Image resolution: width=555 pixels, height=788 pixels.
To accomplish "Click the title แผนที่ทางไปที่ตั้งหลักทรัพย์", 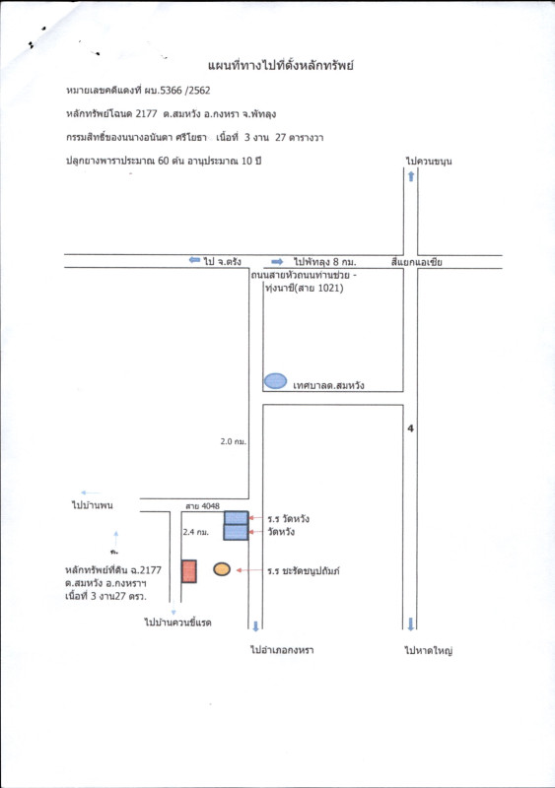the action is click(x=281, y=65).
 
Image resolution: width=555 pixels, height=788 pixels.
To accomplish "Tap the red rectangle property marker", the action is click(x=188, y=571).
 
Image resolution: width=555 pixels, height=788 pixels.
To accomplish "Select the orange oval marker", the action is click(x=222, y=569).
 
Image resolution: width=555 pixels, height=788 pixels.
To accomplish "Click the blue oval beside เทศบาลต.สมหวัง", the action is click(x=276, y=381).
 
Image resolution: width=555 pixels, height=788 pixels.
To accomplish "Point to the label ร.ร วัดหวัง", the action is click(x=288, y=519).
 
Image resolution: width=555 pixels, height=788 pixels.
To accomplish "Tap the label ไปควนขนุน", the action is click(x=429, y=161).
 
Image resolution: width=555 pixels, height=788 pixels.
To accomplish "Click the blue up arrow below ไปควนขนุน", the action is click(x=411, y=176).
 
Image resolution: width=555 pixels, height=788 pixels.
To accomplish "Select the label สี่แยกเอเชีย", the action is click(x=417, y=262).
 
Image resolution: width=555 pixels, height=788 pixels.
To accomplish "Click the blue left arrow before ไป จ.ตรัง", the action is click(x=195, y=260).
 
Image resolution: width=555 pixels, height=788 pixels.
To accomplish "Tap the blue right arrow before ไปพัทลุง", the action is click(x=277, y=262).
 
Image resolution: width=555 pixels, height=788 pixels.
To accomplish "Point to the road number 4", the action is click(x=411, y=428).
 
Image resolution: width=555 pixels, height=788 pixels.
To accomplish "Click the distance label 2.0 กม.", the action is click(x=233, y=441).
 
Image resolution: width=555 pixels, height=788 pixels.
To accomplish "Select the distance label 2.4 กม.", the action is click(x=196, y=532).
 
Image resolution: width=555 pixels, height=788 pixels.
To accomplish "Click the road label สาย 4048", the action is click(x=202, y=506).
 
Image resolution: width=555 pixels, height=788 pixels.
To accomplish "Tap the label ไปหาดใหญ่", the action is click(x=429, y=651).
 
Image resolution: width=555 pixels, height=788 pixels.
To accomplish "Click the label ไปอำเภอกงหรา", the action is click(x=282, y=650).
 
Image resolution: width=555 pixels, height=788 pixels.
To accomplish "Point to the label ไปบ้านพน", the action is click(x=93, y=505).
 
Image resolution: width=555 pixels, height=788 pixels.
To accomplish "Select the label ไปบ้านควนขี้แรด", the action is click(x=177, y=623).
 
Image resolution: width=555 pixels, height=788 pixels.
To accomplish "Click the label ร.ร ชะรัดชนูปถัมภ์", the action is click(x=304, y=571).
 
